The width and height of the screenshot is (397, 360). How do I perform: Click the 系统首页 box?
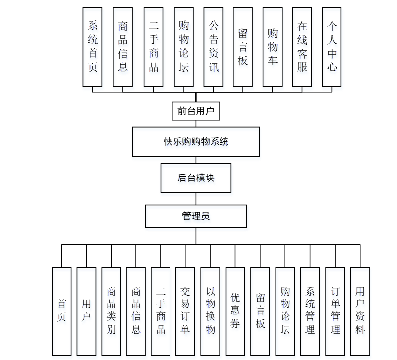coord(93,47)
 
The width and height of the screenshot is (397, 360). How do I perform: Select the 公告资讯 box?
coord(213,47)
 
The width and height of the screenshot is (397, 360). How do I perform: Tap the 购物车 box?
coord(273,47)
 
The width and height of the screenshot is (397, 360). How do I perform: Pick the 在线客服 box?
coord(302,47)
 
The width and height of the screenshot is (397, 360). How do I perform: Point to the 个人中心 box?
coord(332,47)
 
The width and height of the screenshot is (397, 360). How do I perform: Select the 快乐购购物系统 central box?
coord(196,142)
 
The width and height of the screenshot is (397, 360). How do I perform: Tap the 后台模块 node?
coord(196,178)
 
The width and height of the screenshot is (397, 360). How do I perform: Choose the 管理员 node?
coord(196,216)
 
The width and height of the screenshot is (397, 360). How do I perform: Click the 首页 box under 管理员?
coord(62,311)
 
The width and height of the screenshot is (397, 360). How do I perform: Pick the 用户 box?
coord(87,311)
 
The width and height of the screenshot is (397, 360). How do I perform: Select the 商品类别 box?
coord(112,311)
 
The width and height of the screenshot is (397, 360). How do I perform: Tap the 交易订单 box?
coord(185,311)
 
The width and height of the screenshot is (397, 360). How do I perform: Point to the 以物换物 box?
coord(211,311)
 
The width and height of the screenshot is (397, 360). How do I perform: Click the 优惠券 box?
coord(235,311)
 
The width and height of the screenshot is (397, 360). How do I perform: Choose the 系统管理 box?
coord(310,311)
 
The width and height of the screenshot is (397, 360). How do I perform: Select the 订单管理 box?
coord(335,311)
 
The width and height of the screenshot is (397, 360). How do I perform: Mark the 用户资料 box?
coord(360,311)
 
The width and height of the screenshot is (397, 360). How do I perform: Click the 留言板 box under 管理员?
coord(260,311)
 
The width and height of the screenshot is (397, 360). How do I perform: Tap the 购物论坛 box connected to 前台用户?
coord(184,47)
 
